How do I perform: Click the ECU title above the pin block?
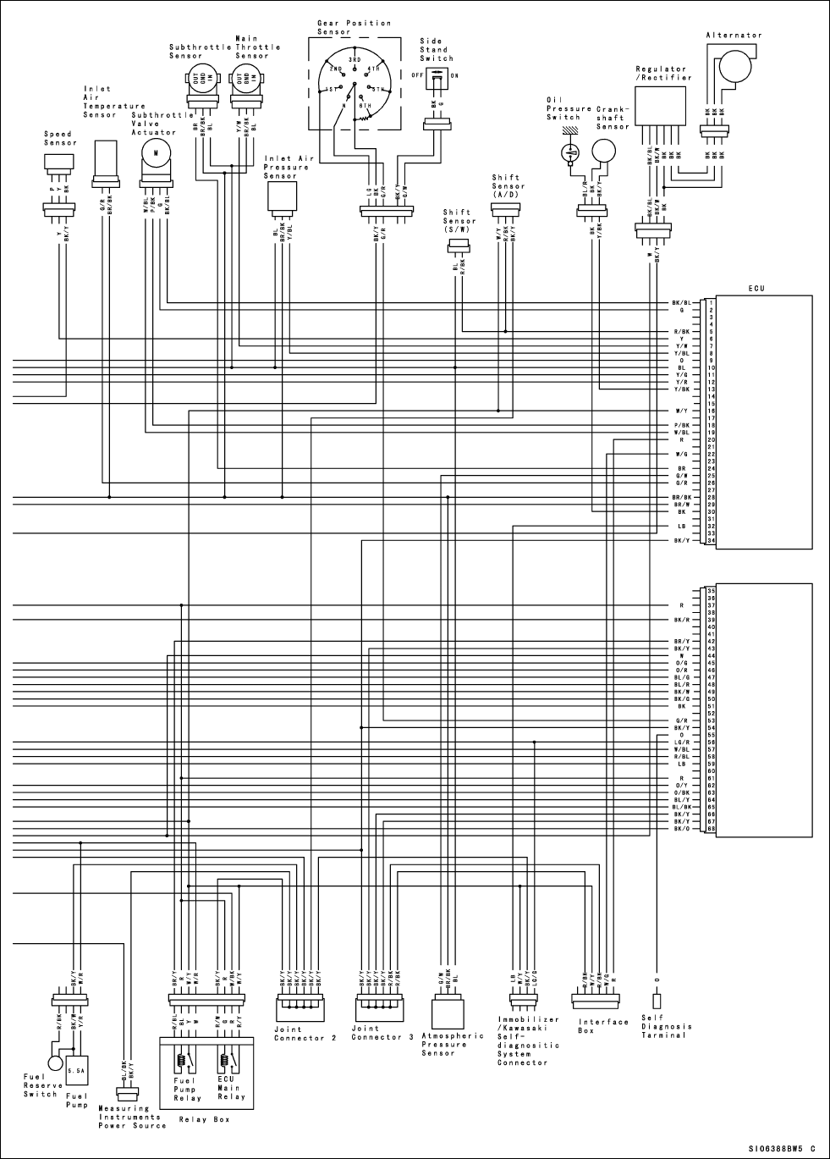tap(756, 289)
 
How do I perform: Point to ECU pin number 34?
tap(711, 541)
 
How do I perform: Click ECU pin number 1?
tap(711, 302)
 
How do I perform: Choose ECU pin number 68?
tap(711, 828)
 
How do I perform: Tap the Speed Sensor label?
tap(58, 138)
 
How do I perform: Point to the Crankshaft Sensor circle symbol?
tap(603, 152)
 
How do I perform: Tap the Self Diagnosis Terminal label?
tap(667, 1026)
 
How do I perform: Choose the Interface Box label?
tap(602, 1026)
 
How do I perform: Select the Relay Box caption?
tap(204, 1119)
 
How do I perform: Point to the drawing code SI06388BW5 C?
tap(781, 1149)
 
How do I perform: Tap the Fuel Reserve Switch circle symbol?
tap(56, 1062)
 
